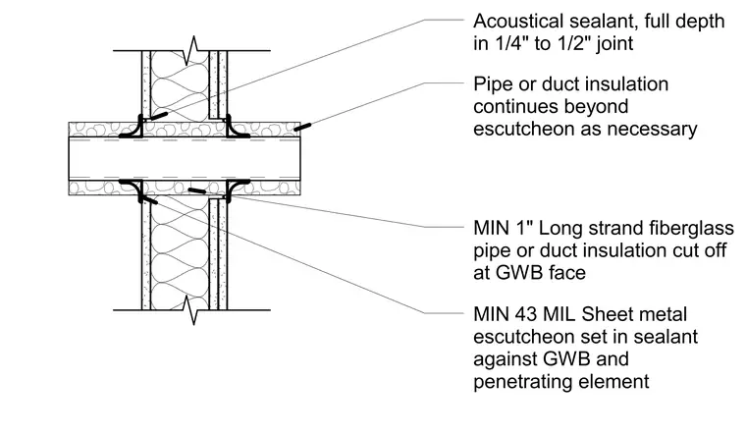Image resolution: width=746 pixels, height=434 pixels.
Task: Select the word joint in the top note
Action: click(x=615, y=44)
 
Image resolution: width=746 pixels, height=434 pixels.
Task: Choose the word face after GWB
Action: click(x=567, y=273)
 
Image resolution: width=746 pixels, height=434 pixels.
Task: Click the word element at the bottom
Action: click(x=610, y=382)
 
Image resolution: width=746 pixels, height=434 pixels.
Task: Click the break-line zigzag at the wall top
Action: click(x=193, y=50)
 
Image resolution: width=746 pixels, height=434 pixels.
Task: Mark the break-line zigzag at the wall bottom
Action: click(x=193, y=310)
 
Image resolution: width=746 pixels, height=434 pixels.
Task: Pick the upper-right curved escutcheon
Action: click(x=236, y=128)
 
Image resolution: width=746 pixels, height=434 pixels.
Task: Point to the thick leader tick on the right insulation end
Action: click(x=302, y=127)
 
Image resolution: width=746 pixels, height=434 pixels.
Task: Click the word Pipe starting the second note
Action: click(x=492, y=84)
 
